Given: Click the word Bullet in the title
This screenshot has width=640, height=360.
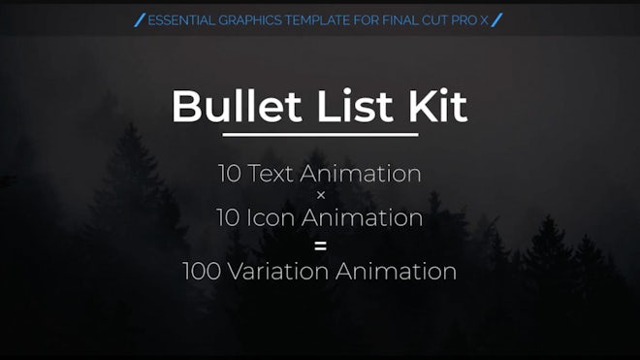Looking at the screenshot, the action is [x=237, y=106].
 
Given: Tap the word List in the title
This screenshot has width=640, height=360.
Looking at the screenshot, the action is [x=355, y=106].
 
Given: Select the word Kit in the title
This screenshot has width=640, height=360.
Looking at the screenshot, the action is [x=437, y=106].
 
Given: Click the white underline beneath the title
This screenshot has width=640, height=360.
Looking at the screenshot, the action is [x=320, y=135].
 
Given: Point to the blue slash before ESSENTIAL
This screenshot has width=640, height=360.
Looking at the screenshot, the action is [x=140, y=20].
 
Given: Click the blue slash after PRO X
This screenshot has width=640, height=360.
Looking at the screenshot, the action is [x=496, y=20].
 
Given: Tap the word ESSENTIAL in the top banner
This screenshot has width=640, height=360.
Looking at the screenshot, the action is [x=181, y=20].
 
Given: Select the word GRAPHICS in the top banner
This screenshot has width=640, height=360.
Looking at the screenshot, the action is [x=250, y=20].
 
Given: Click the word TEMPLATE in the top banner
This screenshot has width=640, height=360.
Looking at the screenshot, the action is [x=317, y=20].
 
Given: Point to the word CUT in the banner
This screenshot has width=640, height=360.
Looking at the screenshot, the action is [x=434, y=20].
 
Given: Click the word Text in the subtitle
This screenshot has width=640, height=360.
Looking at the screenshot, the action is [x=271, y=174].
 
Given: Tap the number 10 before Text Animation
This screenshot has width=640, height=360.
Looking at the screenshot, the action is [x=230, y=174].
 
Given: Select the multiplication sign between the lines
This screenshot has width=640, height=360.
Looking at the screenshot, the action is [x=321, y=196].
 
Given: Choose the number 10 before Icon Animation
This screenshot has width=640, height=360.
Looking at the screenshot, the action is [x=228, y=217].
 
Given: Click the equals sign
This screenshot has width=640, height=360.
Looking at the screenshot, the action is [x=321, y=246].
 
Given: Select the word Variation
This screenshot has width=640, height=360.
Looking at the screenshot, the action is [x=278, y=271].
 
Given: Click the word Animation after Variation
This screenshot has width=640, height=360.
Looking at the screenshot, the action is [x=396, y=271].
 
